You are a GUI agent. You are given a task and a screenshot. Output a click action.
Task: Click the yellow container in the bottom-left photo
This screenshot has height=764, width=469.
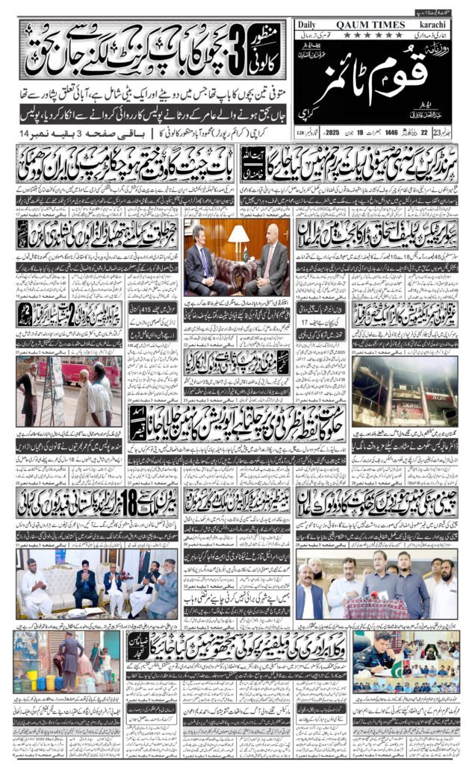50,683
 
